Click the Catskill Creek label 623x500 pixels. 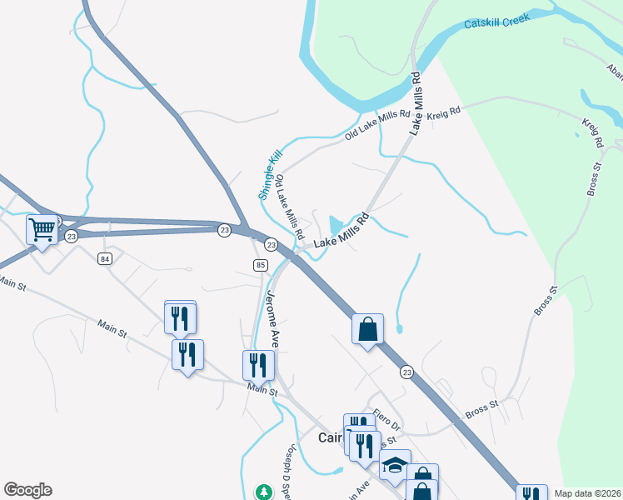tap(497, 21)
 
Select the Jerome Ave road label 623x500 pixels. tap(272, 320)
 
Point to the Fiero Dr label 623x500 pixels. tap(387, 419)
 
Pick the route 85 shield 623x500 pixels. tap(260, 265)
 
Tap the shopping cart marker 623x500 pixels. tap(42, 228)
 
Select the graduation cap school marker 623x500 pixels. tap(396, 466)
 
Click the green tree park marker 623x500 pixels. tap(264, 492)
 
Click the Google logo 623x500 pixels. tap(27, 490)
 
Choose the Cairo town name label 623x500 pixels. tap(331, 437)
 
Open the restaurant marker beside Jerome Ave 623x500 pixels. tap(257, 364)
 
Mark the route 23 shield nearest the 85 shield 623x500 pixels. tap(271, 244)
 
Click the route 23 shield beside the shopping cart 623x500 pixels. tap(72, 237)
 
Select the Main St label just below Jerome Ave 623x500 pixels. tap(262, 388)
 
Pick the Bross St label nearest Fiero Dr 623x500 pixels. tap(481, 407)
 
